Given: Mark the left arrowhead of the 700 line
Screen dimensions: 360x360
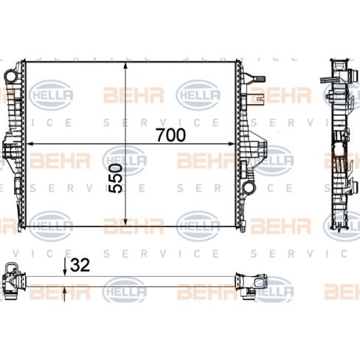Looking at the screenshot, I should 30,143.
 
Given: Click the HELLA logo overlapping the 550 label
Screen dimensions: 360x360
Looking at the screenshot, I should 124,157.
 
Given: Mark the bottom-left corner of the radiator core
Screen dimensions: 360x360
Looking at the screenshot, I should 27,226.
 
